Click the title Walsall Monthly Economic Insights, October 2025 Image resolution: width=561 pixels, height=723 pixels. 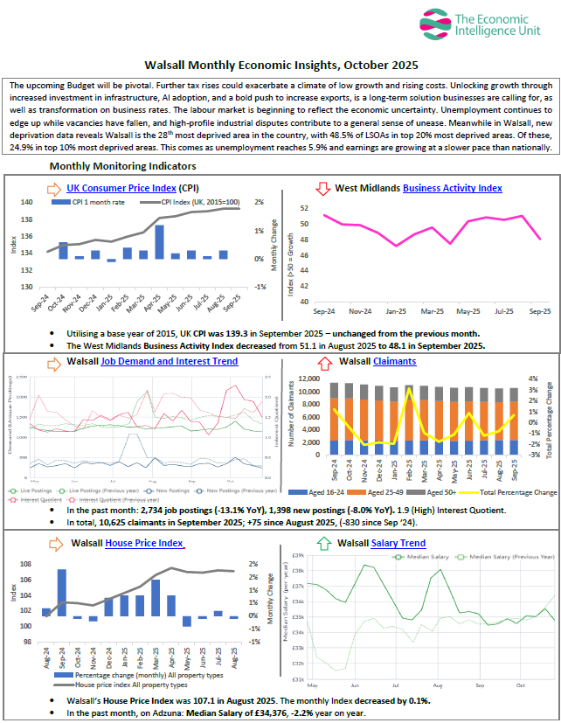click(x=280, y=65)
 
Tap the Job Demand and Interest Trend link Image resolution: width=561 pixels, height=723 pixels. click(x=169, y=361)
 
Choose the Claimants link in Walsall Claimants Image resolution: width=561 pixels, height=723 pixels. click(x=394, y=361)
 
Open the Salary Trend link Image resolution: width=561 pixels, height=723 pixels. click(x=398, y=543)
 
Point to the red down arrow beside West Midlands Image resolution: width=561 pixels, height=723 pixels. click(x=322, y=188)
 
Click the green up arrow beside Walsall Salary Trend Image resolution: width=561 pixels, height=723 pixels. click(x=323, y=543)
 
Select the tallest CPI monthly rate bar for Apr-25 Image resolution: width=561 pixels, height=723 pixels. click(x=160, y=241)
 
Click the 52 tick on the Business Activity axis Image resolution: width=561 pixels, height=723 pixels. click(x=304, y=208)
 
